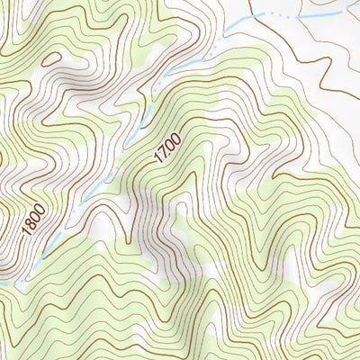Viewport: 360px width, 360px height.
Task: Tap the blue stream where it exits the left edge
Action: [4, 283]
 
